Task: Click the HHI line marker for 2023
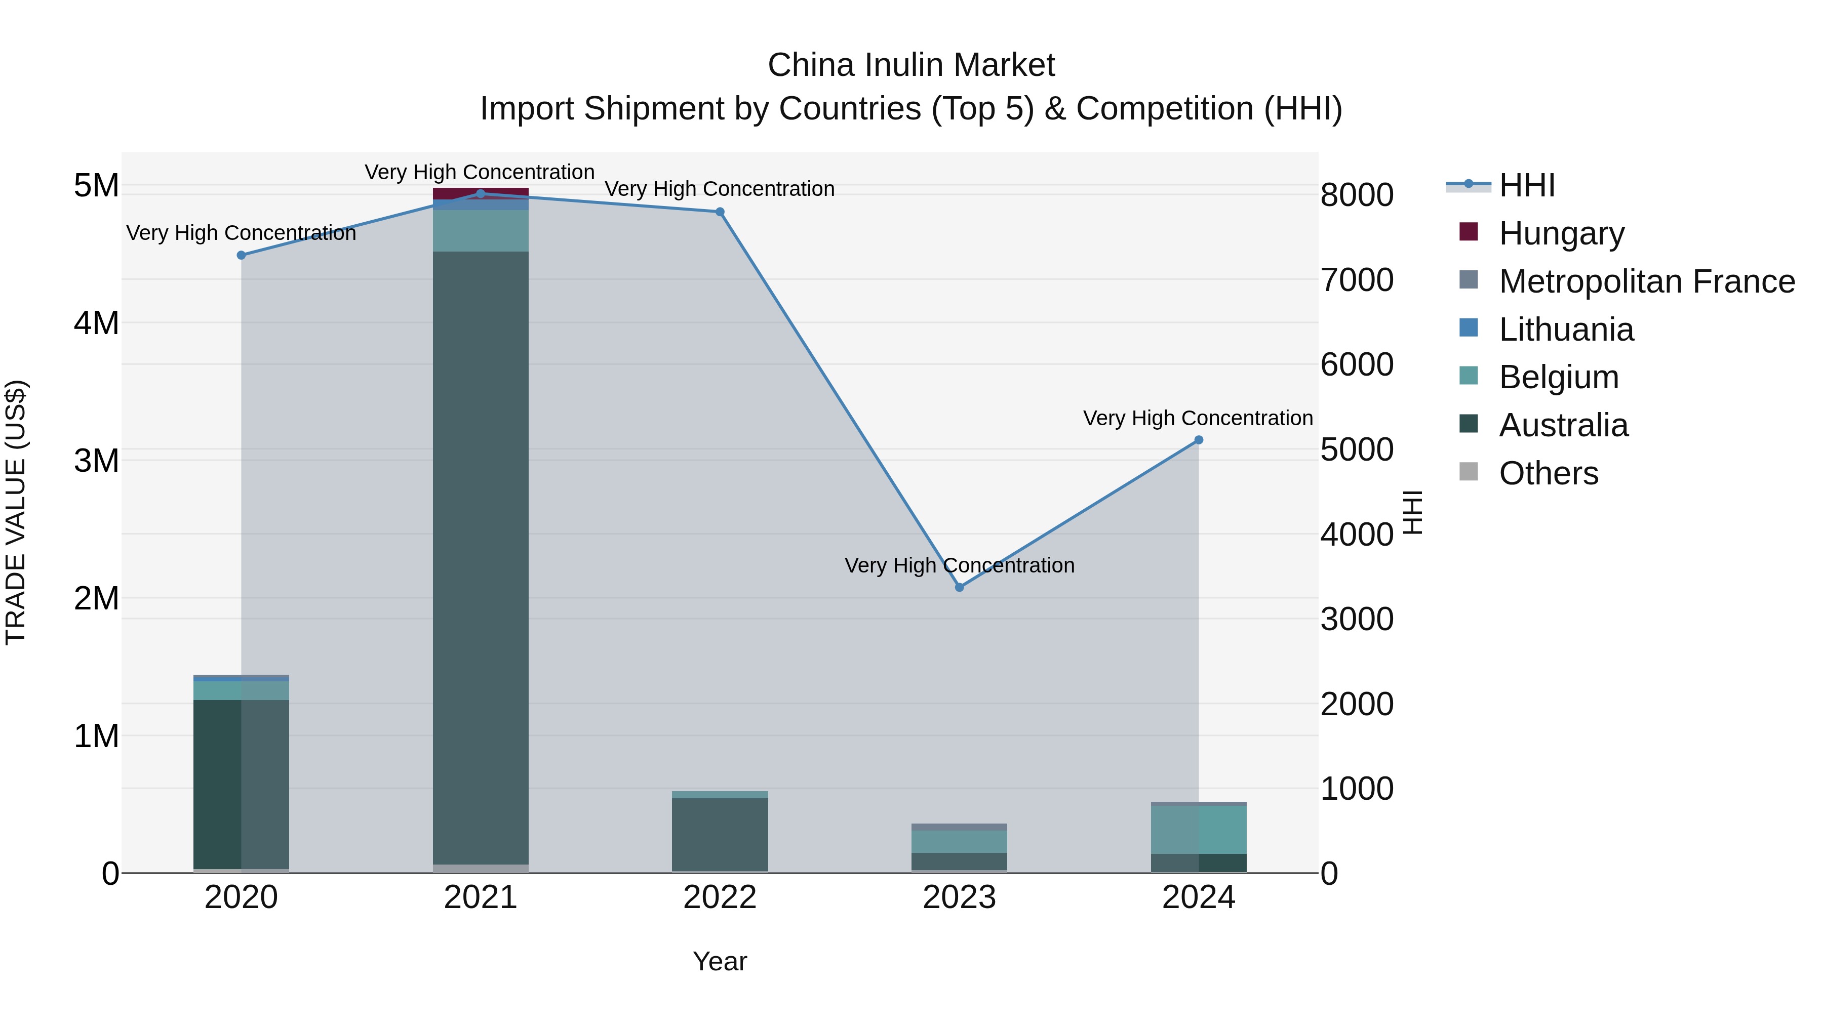[x=960, y=587]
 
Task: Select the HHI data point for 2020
[x=242, y=256]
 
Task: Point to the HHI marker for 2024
[x=1199, y=440]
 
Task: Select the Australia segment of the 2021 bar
[x=481, y=559]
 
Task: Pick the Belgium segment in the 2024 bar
[x=1199, y=830]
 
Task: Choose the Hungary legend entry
[x=1561, y=233]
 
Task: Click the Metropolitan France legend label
[x=1647, y=281]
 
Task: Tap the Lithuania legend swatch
[x=1469, y=328]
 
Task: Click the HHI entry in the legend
[x=1526, y=185]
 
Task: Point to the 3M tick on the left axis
[x=96, y=461]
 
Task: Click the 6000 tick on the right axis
[x=1357, y=365]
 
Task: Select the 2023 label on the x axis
[x=959, y=897]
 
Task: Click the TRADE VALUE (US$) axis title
[x=16, y=512]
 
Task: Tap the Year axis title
[x=720, y=961]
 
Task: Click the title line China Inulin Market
[x=911, y=65]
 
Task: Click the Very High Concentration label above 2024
[x=1198, y=418]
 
